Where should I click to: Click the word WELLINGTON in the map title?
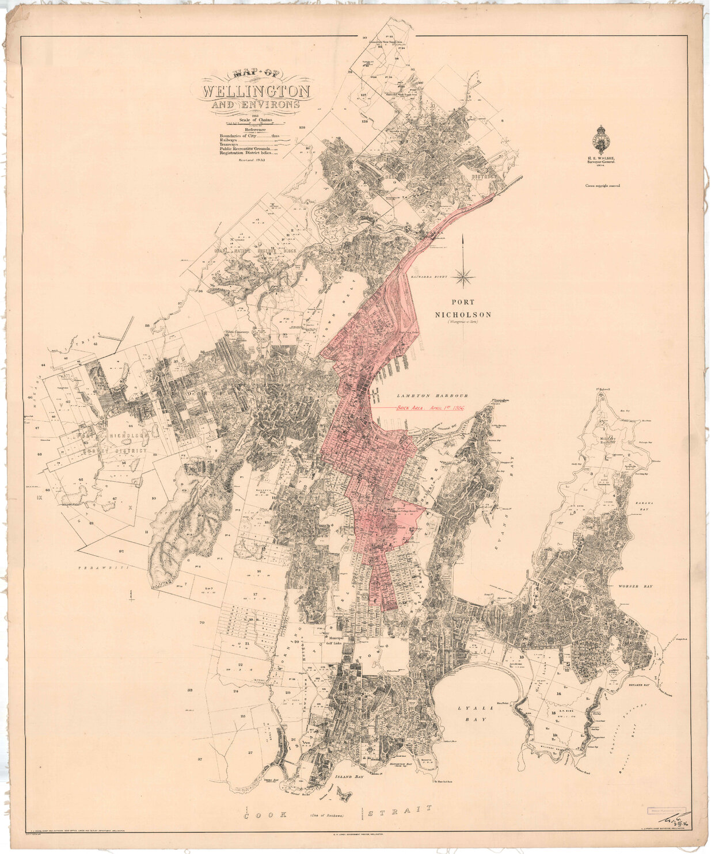click(x=256, y=92)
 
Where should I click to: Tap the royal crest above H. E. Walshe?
click(x=602, y=138)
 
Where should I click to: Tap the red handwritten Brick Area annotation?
click(x=429, y=407)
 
